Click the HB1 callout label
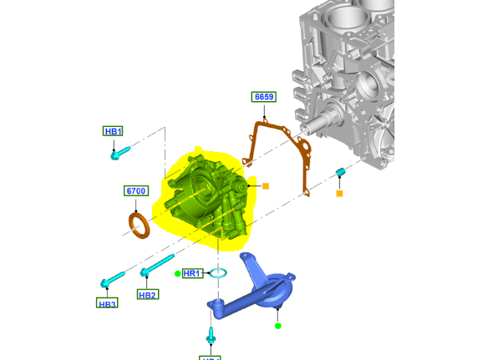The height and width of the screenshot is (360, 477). pos(113,131)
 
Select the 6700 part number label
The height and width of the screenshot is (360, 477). pos(136,191)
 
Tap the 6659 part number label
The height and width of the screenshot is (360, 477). pos(264,98)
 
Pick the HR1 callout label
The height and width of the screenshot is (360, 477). pos(192,273)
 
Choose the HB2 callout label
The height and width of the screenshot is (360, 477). pos(148,295)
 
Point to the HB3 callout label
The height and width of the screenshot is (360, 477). pos(107,303)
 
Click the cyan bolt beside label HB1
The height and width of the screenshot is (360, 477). pos(119,152)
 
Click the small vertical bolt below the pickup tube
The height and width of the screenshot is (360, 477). pos(211,336)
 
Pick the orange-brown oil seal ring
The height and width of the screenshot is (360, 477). pos(139,224)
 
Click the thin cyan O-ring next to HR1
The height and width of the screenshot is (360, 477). pos(218,272)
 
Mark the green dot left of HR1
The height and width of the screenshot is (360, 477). pos(177,273)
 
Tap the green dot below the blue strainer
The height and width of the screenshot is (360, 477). pos(278,326)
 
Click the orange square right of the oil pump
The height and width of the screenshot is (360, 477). pos(265,185)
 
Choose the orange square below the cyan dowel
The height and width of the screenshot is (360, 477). pos(339,194)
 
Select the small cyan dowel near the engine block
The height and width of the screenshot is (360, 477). pos(340,172)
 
